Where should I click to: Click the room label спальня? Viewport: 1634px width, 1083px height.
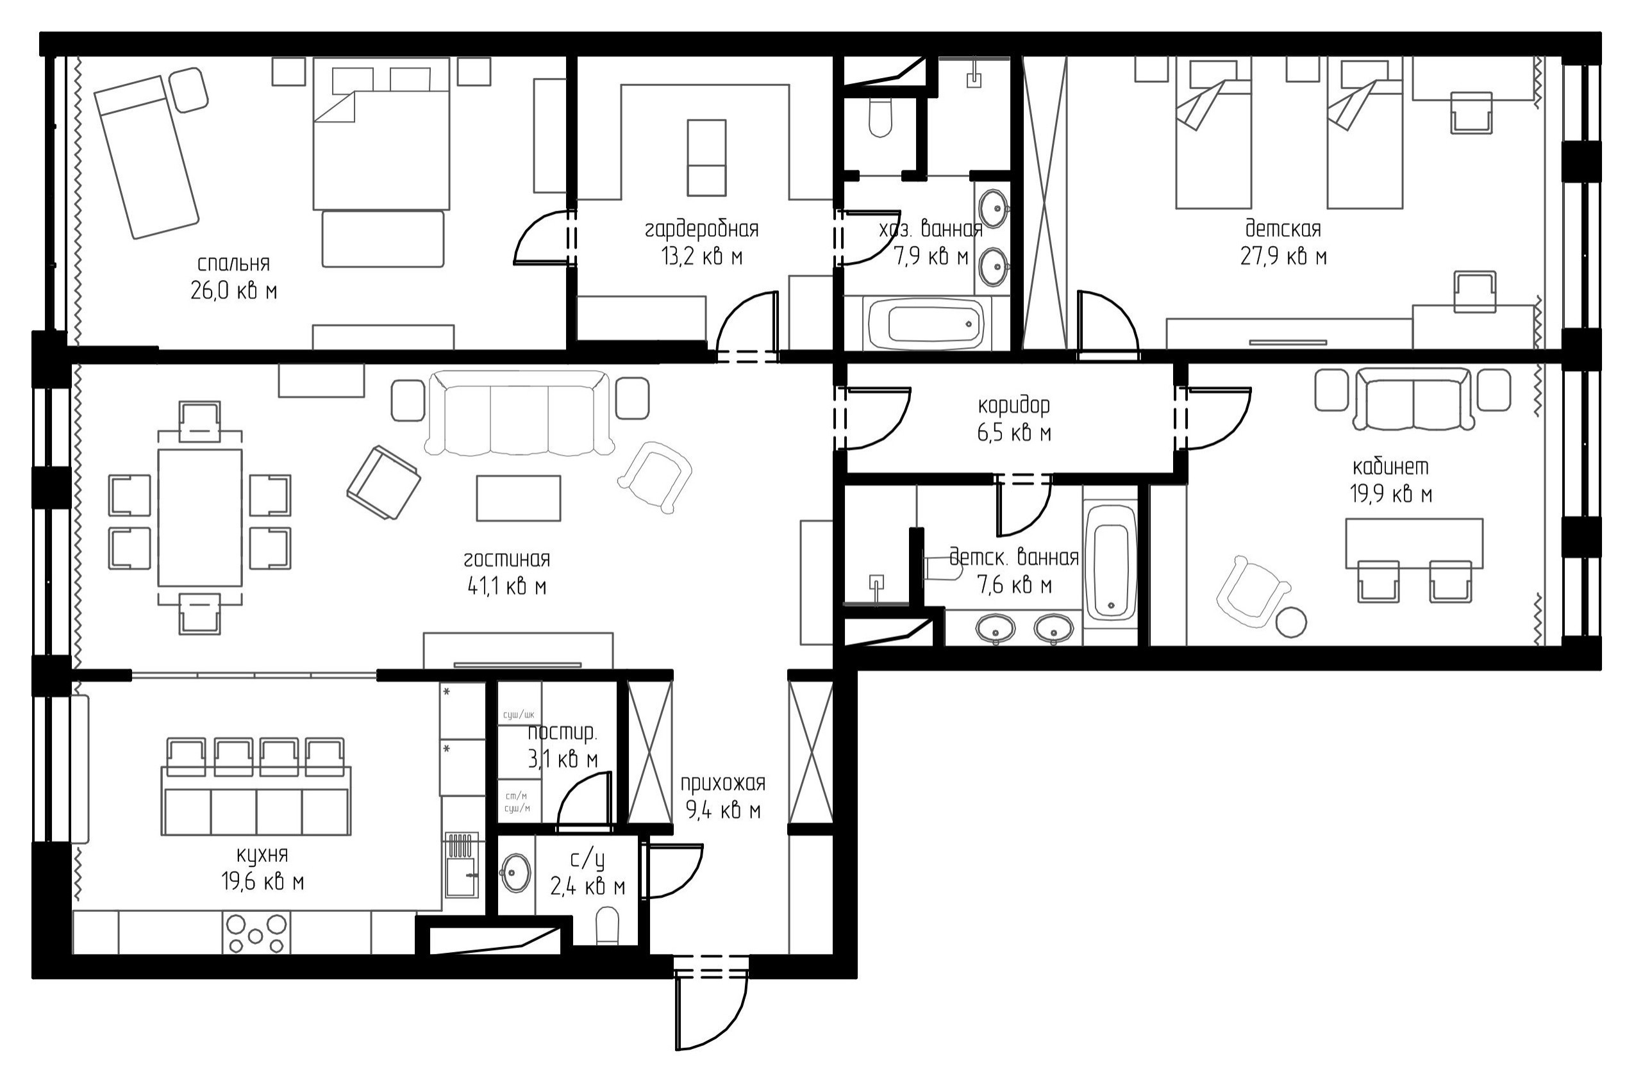(233, 264)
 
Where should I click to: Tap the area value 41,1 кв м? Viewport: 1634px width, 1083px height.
(507, 587)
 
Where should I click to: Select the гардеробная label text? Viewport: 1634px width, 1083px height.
(702, 229)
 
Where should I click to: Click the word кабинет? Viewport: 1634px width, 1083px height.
(1390, 467)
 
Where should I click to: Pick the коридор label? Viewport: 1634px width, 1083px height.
(1014, 406)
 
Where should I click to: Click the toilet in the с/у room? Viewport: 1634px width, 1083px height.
(608, 925)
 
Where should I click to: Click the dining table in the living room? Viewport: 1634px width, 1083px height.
(201, 517)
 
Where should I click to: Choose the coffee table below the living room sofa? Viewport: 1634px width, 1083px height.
(518, 498)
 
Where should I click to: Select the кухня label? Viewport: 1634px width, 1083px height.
(263, 855)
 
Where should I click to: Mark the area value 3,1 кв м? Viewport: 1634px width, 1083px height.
(563, 760)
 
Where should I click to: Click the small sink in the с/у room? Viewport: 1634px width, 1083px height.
(515, 873)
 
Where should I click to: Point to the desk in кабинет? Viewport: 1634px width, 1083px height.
(1414, 543)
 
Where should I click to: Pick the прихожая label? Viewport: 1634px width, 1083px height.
(723, 783)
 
